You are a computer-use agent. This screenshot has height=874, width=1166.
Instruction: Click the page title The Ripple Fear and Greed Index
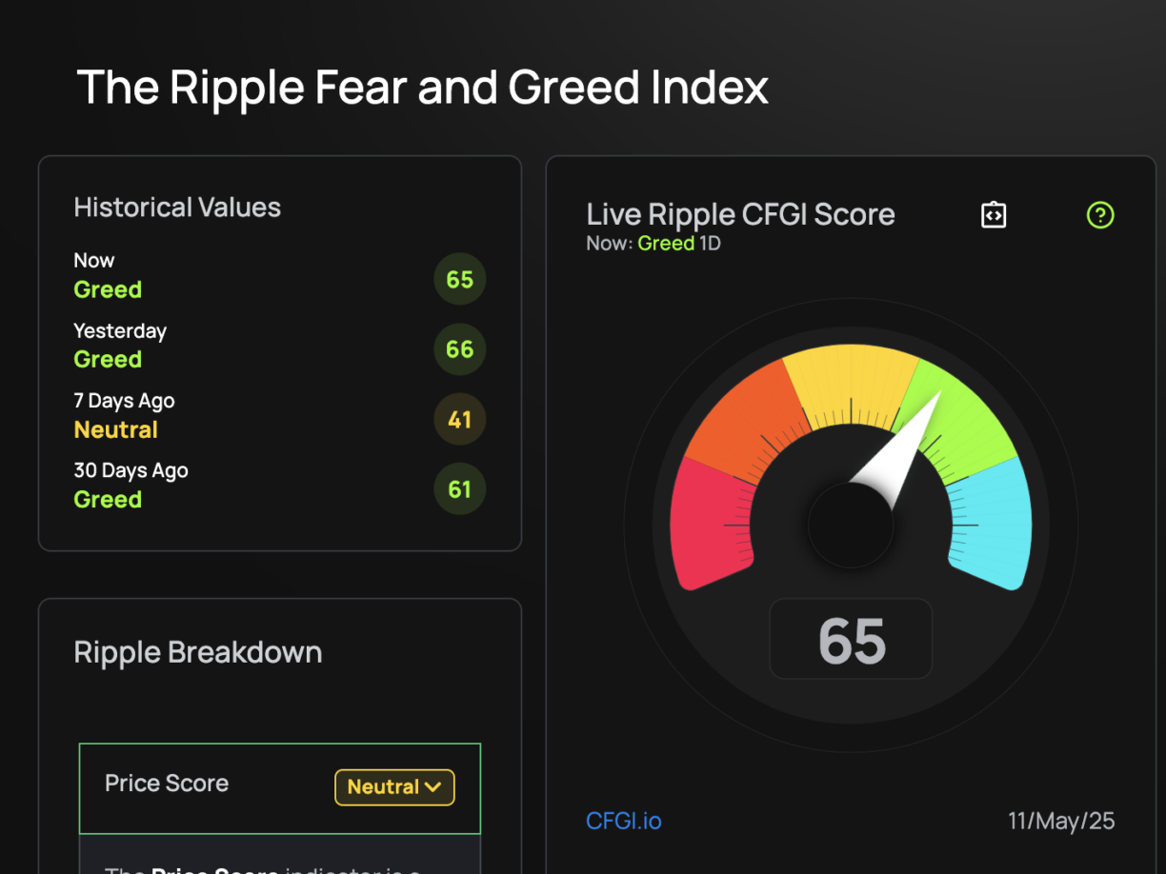[x=422, y=88]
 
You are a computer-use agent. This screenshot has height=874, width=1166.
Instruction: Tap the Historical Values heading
[x=177, y=208]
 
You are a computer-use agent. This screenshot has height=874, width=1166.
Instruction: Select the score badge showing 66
[x=459, y=349]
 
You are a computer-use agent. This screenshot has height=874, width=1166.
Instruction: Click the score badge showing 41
[x=459, y=420]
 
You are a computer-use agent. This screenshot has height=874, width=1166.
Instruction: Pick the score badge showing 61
[x=459, y=489]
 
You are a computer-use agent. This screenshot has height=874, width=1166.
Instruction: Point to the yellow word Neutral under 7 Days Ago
[x=115, y=430]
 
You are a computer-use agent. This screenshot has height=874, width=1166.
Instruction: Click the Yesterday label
[x=120, y=331]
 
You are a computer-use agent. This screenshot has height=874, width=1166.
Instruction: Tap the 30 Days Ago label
[x=131, y=470]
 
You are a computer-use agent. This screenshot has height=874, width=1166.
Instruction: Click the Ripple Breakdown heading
[x=198, y=652]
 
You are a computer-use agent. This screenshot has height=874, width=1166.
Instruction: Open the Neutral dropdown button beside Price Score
[x=394, y=787]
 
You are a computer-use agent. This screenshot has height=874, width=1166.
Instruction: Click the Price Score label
[x=167, y=784]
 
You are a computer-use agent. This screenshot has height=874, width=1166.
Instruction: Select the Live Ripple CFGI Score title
[x=740, y=214]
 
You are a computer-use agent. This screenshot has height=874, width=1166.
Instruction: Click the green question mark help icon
[x=1100, y=215]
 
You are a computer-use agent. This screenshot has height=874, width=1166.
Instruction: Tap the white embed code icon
[x=994, y=215]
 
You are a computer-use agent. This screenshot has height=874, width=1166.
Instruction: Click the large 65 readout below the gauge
[x=852, y=640]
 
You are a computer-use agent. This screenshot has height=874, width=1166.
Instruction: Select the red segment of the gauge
[x=710, y=524]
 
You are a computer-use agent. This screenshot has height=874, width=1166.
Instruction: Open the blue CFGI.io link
[x=623, y=821]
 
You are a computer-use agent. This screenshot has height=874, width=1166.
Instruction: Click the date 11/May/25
[x=1061, y=821]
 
